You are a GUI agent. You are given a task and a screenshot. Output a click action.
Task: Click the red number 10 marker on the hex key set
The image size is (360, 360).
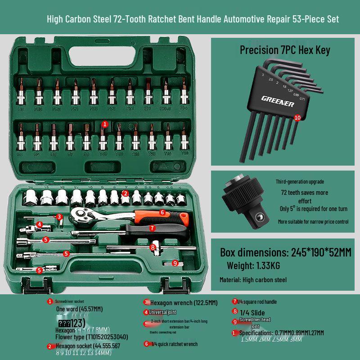(297, 117)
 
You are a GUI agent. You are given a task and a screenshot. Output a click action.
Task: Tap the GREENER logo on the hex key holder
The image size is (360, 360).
(278, 101)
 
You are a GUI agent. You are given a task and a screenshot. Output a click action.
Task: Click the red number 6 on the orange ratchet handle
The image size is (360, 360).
(162, 212)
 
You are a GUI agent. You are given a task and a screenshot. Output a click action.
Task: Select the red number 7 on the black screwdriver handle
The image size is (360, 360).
(153, 228)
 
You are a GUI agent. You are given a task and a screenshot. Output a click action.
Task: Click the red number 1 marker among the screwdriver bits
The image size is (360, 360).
(105, 124)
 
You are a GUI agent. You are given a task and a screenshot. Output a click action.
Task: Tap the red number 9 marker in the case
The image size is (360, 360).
(175, 263)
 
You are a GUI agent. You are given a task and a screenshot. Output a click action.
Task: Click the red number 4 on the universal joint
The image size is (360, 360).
(40, 224)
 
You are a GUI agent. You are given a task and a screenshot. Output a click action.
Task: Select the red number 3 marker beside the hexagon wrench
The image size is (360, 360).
(59, 217)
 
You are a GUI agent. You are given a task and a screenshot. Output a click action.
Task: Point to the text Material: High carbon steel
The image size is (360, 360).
(253, 279)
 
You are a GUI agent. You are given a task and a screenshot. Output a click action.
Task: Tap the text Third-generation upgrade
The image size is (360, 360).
(300, 182)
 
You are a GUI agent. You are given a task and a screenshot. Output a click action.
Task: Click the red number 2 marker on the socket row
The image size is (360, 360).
(126, 193)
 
